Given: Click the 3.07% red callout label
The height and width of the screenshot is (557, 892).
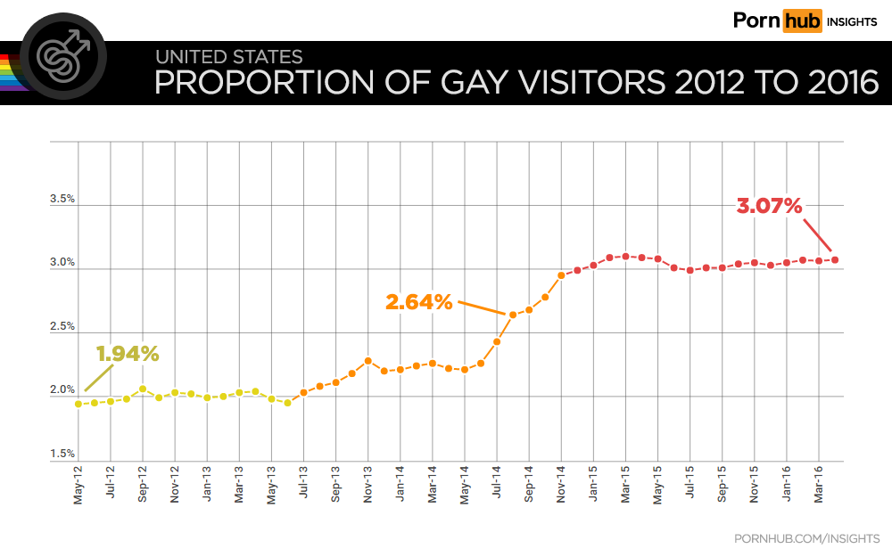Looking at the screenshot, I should pos(769,206).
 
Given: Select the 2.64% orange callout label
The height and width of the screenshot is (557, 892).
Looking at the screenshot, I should pos(418,302).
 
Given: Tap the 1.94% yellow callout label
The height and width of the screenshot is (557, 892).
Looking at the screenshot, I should pos(128,354).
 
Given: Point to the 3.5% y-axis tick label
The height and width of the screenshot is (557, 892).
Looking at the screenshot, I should pos(62,200).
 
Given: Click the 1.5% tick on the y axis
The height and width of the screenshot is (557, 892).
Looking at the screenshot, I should pos(62,455).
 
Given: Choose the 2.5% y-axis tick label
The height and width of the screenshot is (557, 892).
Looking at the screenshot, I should pos(62,327).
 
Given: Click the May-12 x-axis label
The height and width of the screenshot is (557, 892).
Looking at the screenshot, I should pos(78,486).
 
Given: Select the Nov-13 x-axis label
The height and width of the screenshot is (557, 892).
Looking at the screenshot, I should pos(368,486).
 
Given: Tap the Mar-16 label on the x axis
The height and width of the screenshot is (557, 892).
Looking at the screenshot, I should pos(819,486).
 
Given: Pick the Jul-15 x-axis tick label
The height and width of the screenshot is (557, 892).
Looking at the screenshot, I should pos(690,486).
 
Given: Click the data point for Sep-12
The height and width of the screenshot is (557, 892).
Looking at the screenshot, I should pos(143,389).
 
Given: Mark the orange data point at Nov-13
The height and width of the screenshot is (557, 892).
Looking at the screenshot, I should pos(368,361).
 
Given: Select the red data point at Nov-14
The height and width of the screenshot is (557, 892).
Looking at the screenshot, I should pos(561,275).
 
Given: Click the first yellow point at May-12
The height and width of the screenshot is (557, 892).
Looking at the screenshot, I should pos(78,404).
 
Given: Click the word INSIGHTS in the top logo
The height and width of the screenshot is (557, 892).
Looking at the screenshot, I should pos(853,21).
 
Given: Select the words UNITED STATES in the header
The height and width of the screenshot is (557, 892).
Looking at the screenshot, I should pos(228,58).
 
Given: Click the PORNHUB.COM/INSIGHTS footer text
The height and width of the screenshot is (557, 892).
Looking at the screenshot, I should pos(806,538).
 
